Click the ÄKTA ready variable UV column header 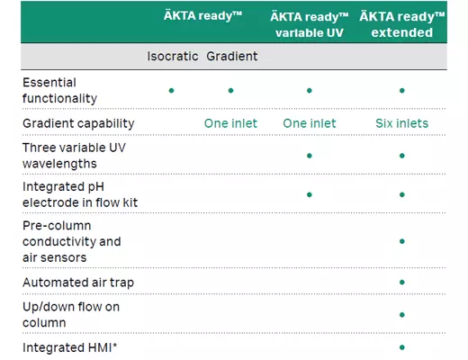(x=309, y=24)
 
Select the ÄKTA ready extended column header (x=401, y=24)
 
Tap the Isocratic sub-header (x=173, y=56)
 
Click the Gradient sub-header (x=231, y=56)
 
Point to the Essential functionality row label (x=60, y=90)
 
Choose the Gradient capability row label (x=78, y=123)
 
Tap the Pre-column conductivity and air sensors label (x=71, y=241)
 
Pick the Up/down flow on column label (x=71, y=314)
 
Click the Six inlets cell (x=401, y=123)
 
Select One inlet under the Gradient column (x=231, y=123)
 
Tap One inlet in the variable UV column (x=309, y=123)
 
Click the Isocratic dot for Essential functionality (x=171, y=90)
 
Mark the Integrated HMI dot (x=401, y=346)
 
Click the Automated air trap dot (x=401, y=283)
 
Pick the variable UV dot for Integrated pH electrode (x=309, y=193)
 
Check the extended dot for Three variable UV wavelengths (x=401, y=155)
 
